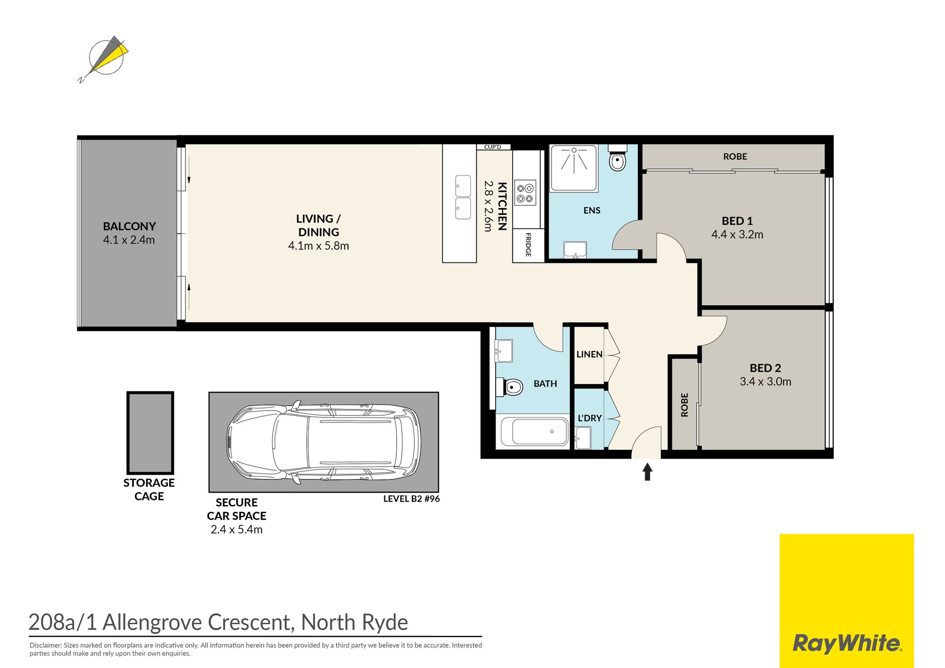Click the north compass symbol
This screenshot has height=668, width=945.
(106, 58)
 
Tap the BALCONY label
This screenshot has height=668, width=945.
(129, 226)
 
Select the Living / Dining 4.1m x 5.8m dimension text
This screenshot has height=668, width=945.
(318, 246)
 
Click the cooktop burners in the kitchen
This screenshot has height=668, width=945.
(525, 192)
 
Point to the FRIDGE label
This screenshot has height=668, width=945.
(528, 245)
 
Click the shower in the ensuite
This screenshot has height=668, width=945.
(574, 168)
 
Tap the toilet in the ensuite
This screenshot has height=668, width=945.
(617, 157)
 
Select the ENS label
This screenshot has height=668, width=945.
(592, 211)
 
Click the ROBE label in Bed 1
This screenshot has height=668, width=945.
(735, 157)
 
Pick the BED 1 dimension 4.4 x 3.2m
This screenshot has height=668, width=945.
(737, 235)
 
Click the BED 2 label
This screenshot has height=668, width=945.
(765, 368)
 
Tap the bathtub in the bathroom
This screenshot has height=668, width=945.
(535, 431)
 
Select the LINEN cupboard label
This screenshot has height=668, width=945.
(589, 354)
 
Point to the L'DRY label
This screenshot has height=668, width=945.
(590, 418)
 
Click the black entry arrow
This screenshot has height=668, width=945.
(647, 472)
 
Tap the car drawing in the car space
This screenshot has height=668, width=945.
(324, 442)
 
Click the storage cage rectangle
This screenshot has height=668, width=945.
(150, 433)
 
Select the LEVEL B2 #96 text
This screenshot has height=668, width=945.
(411, 499)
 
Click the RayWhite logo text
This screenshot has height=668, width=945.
(847, 644)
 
